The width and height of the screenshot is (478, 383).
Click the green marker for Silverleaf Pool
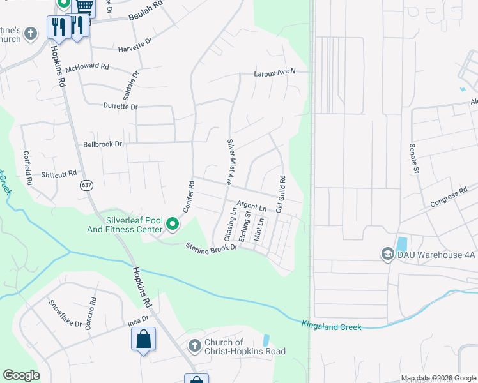(x=173, y=224)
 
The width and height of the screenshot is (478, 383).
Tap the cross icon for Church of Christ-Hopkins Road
(x=195, y=346)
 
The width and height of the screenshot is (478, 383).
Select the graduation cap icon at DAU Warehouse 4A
(x=387, y=254)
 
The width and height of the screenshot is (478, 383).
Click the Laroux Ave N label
(x=275, y=73)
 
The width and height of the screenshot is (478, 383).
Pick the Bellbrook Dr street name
(x=102, y=144)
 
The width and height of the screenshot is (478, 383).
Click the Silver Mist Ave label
(x=229, y=161)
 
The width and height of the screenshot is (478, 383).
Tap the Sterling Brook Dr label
(x=212, y=248)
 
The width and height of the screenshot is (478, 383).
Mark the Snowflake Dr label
(x=65, y=313)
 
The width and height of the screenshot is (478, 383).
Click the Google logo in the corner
(x=21, y=375)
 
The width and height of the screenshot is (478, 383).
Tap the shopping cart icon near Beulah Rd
(x=84, y=6)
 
